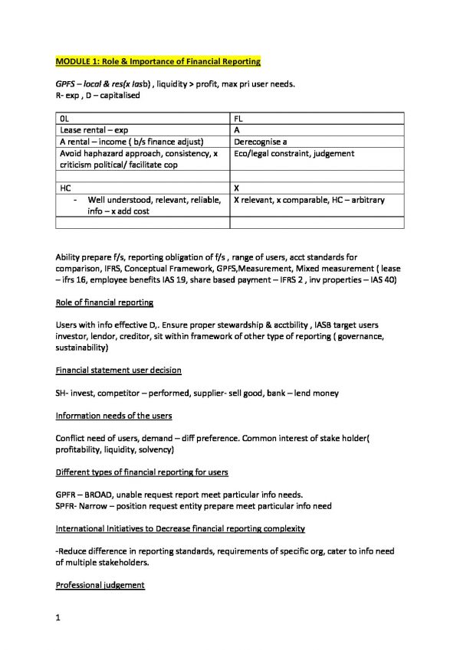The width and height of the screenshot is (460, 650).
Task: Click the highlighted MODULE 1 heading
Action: pos(159,60)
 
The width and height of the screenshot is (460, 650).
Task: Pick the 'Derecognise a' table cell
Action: pos(261,142)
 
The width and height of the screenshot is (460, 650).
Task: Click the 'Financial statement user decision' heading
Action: pos(119,371)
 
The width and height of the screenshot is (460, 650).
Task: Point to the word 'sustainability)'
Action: pos(82,348)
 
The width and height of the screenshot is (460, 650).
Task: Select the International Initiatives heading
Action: pos(180,528)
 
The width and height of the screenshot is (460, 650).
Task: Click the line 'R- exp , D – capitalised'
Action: pos(97,95)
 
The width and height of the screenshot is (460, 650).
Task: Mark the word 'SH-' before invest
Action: pos(64,394)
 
